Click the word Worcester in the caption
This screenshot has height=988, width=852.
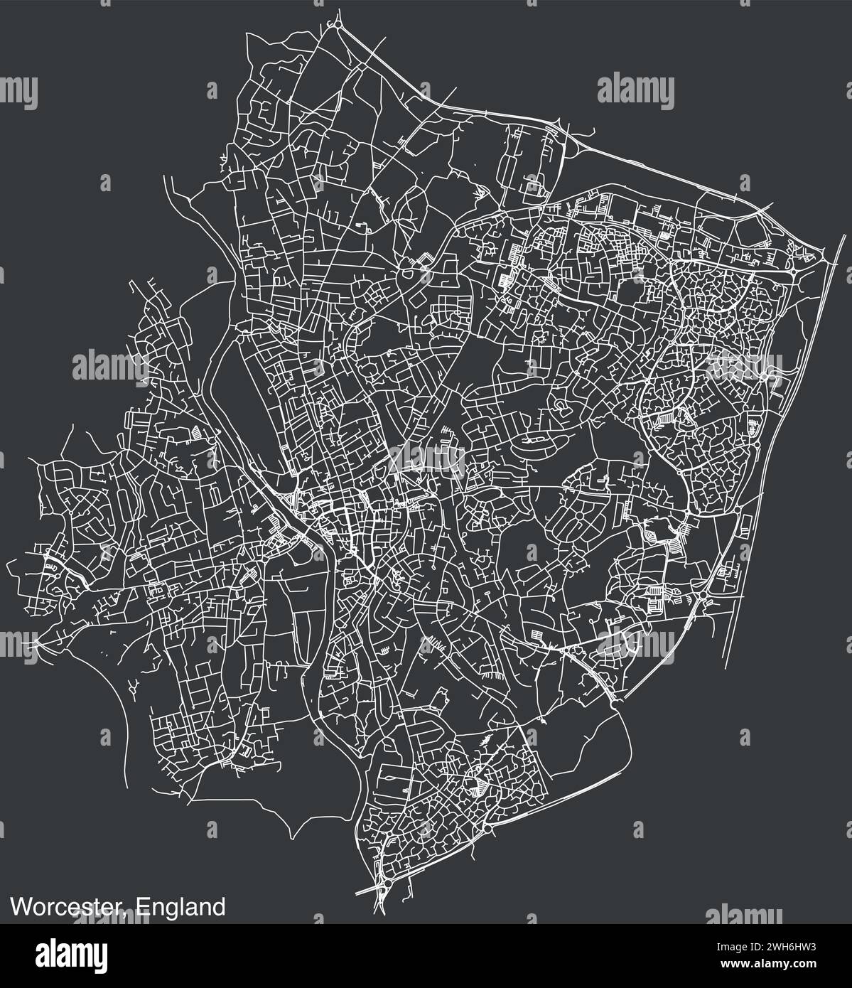pyautogui.click(x=68, y=908)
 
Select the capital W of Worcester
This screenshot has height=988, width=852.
pyautogui.click(x=18, y=908)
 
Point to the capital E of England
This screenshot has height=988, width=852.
pyautogui.click(x=141, y=908)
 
